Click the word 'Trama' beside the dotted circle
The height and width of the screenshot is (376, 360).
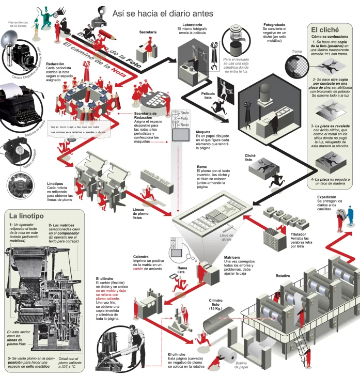(x=296, y=52)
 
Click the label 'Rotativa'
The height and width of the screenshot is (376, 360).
(x=283, y=276)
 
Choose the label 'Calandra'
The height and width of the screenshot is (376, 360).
(x=141, y=257)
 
